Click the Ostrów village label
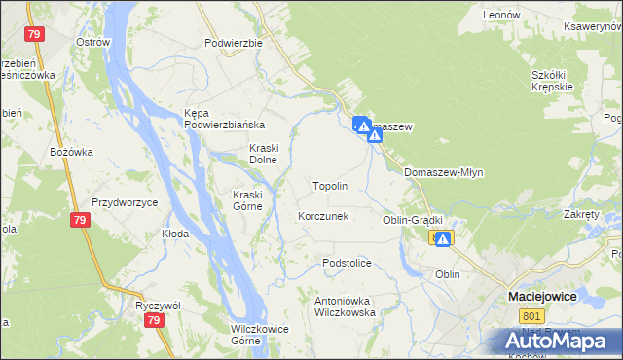click(92, 42)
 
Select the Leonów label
click(501, 16)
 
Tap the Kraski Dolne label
click(264, 154)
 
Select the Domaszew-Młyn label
click(443, 172)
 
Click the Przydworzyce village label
click(125, 202)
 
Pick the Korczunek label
click(323, 216)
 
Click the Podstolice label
click(348, 263)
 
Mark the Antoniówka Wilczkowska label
click(345, 307)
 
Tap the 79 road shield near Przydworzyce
click(82, 222)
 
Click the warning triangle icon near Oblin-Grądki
click(443, 238)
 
